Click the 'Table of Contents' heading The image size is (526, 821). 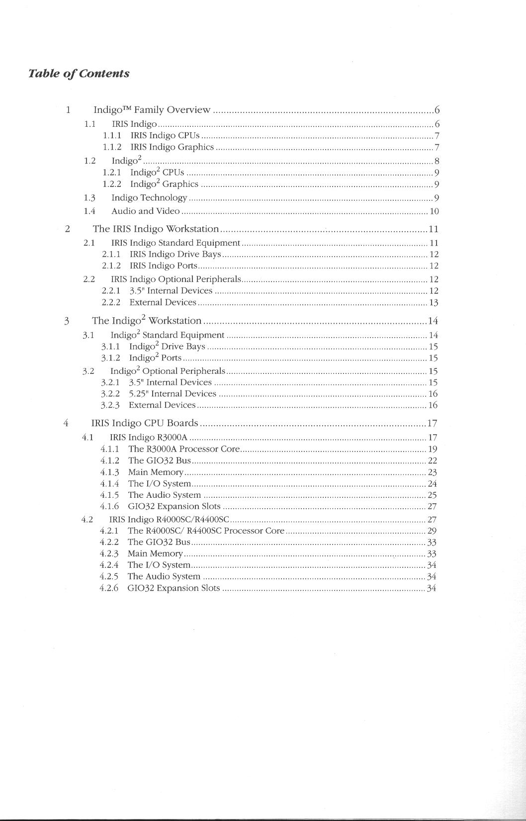[79, 74]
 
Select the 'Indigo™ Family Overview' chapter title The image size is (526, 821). [152, 110]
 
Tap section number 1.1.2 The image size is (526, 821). [112, 147]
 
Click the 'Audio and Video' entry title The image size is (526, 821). [145, 211]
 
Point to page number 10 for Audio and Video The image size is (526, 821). [434, 211]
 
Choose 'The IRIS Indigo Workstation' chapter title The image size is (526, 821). [156, 229]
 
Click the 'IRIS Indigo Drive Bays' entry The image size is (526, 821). [175, 254]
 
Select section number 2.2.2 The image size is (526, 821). [111, 302]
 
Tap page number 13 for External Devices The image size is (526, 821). [434, 303]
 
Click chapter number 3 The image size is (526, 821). [67, 321]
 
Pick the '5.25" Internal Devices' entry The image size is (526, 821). [172, 394]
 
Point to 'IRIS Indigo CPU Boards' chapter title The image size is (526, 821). [145, 423]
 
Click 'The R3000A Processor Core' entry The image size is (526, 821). [184, 449]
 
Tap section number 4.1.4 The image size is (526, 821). [109, 483]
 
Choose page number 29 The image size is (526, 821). [432, 531]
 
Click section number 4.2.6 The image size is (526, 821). [109, 588]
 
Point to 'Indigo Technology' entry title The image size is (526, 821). [149, 198]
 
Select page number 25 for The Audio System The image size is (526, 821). [432, 495]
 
